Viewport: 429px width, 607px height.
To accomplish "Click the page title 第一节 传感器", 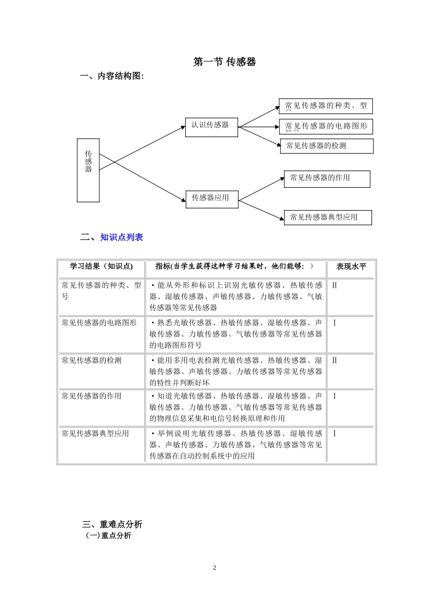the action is tap(224, 62).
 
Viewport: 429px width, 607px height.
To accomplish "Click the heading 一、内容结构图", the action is tap(112, 76).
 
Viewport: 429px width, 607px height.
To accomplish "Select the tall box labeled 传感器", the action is tap(88, 170).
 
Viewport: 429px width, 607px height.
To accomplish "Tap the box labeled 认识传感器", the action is tap(211, 127).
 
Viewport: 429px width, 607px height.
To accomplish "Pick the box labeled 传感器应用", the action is tap(211, 199).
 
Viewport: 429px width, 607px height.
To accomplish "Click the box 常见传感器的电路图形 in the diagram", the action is tap(326, 126).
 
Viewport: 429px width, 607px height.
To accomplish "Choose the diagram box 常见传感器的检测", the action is tap(326, 146).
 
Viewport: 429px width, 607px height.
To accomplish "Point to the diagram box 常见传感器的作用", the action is tap(326, 179).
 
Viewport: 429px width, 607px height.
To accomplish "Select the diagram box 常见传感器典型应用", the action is tap(327, 217).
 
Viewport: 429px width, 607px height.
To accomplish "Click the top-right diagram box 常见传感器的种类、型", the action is tap(326, 106).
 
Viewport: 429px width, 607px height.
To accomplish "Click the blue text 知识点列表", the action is tap(121, 237).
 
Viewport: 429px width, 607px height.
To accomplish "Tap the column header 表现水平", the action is tap(351, 266).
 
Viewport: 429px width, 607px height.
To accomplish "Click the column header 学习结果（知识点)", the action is tap(101, 266).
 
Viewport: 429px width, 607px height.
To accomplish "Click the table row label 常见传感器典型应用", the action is tap(95, 434).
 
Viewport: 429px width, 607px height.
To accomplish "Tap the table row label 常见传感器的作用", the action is tap(92, 396).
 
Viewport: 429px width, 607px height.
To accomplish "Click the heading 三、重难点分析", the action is tap(112, 524).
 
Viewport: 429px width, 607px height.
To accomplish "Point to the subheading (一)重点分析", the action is tap(108, 536).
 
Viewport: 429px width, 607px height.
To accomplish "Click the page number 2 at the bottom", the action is tap(214, 568).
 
